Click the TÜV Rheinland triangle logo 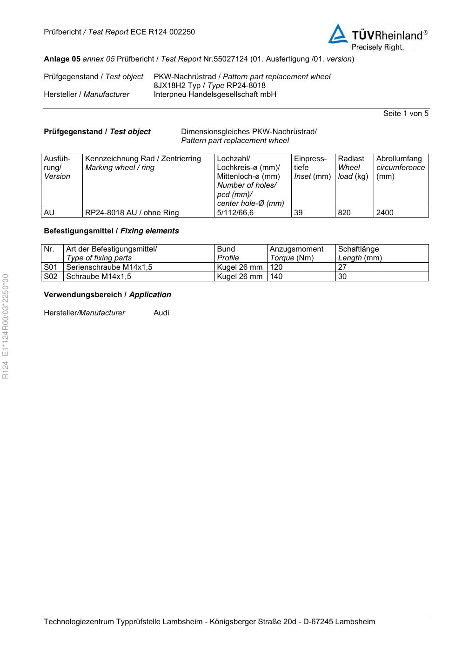pos(338,34)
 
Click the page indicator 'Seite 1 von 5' pos(406,114)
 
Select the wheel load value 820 pos(344,213)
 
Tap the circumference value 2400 pos(385,213)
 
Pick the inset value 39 pos(298,213)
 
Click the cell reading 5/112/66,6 pos(235,213)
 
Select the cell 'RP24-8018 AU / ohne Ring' pos(132,213)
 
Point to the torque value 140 pos(276,277)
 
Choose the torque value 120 pos(276,267)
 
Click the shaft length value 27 pos(342,267)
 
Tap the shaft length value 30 pos(342,277)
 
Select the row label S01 pos(50,267)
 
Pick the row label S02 pos(50,277)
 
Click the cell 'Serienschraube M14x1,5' pos(109,267)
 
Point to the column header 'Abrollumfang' pos(399,159)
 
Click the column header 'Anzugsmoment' pos(296,249)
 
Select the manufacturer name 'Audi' pos(161,313)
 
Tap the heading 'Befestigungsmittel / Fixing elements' pos(111,231)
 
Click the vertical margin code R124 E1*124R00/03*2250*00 pos(6,326)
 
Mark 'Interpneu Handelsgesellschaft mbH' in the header pos(215,95)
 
